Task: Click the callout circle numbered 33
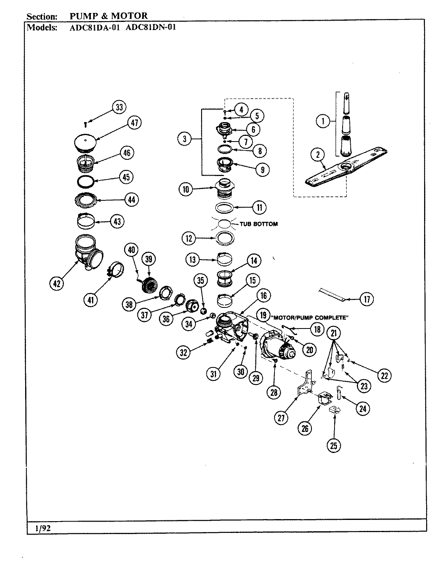point(119,107)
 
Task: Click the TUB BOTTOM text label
point(259,224)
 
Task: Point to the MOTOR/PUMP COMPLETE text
point(310,318)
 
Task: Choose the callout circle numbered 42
point(56,284)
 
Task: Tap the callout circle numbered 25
point(334,446)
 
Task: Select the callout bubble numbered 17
point(366,299)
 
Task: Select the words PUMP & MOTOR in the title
point(109,16)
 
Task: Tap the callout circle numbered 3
point(184,139)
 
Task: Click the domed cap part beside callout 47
point(87,142)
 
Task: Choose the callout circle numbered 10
point(186,189)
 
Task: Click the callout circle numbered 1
point(323,121)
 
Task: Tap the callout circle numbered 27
point(281,418)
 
